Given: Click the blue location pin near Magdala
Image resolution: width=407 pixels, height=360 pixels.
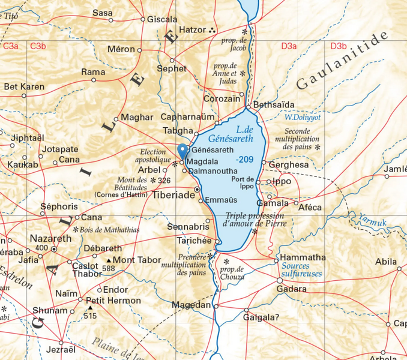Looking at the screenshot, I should (182, 151).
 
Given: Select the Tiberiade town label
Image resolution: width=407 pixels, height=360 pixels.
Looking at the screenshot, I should (174, 196).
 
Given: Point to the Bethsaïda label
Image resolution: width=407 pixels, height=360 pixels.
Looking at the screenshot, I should (274, 105).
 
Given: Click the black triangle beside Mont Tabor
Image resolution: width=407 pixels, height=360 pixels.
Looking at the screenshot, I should (109, 260).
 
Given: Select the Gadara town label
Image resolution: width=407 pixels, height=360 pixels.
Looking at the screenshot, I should (292, 289).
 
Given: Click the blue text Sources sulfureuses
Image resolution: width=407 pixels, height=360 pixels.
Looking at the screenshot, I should (301, 269).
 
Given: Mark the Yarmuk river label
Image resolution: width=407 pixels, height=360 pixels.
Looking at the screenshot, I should (372, 222).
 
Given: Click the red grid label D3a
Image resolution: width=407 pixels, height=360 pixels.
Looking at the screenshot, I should (289, 46).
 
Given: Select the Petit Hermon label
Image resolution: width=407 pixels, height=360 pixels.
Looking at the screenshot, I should (113, 300).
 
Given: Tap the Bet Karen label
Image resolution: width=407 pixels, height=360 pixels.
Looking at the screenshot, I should (24, 87).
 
